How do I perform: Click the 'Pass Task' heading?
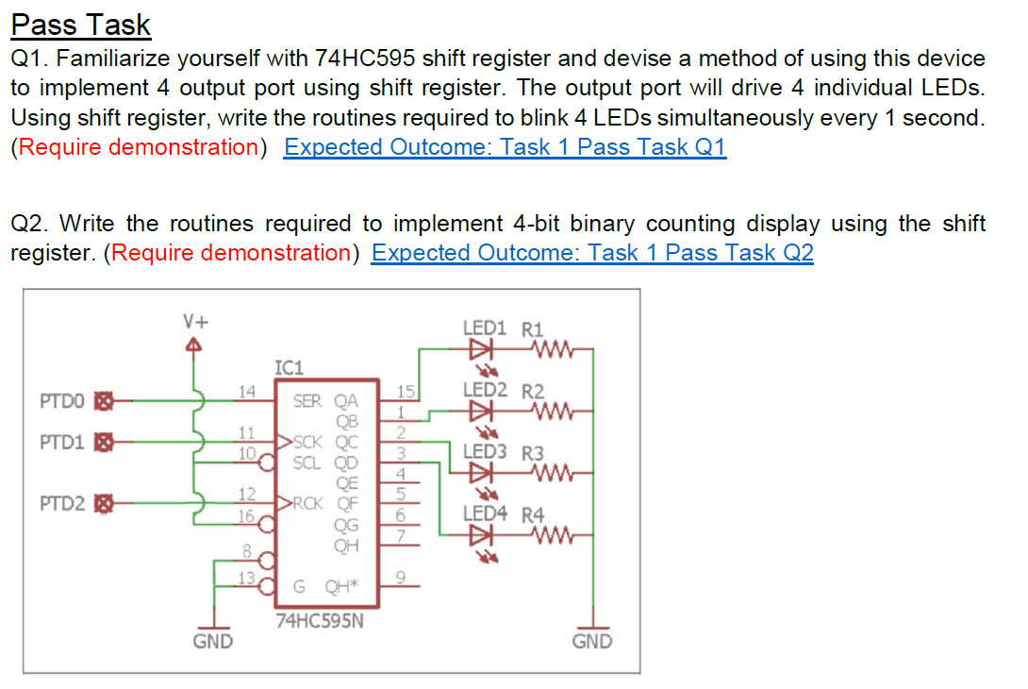[81, 25]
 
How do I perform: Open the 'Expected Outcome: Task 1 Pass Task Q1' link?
[505, 147]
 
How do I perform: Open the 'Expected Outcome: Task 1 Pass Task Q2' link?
[591, 253]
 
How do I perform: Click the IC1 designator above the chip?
[288, 368]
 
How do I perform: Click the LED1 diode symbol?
[482, 349]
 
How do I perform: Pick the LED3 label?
[484, 451]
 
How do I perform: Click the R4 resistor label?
[533, 514]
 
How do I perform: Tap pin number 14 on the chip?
[246, 391]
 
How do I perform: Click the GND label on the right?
[591, 642]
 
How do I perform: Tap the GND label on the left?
[212, 642]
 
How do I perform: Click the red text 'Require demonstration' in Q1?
[138, 147]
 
